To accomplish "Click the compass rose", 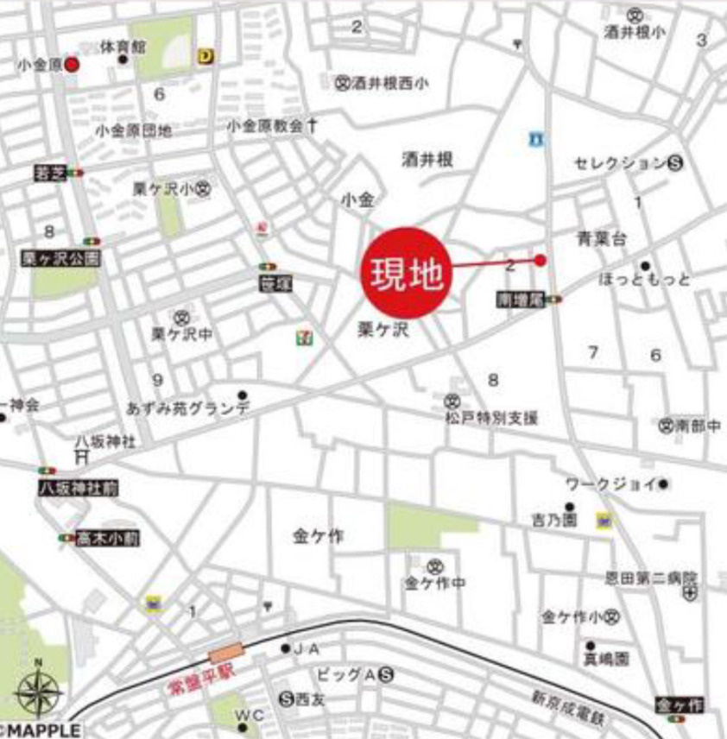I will (37, 691).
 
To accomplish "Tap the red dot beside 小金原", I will (73, 64).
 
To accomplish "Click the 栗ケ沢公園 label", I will (61, 258).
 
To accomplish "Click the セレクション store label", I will (621, 162).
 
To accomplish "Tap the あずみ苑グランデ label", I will (188, 408).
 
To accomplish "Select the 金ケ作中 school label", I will (435, 584).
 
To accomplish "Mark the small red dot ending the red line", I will (541, 260).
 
